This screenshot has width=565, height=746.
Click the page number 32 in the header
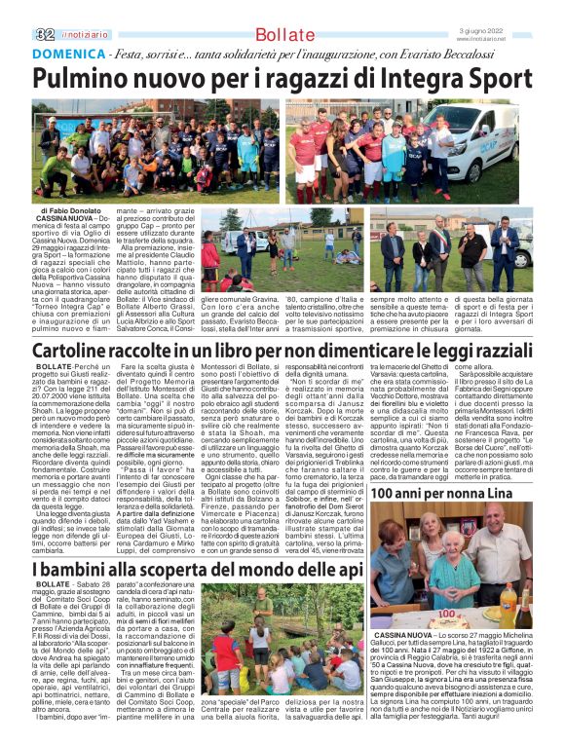click(x=45, y=33)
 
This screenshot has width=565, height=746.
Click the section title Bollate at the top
click(x=283, y=35)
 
